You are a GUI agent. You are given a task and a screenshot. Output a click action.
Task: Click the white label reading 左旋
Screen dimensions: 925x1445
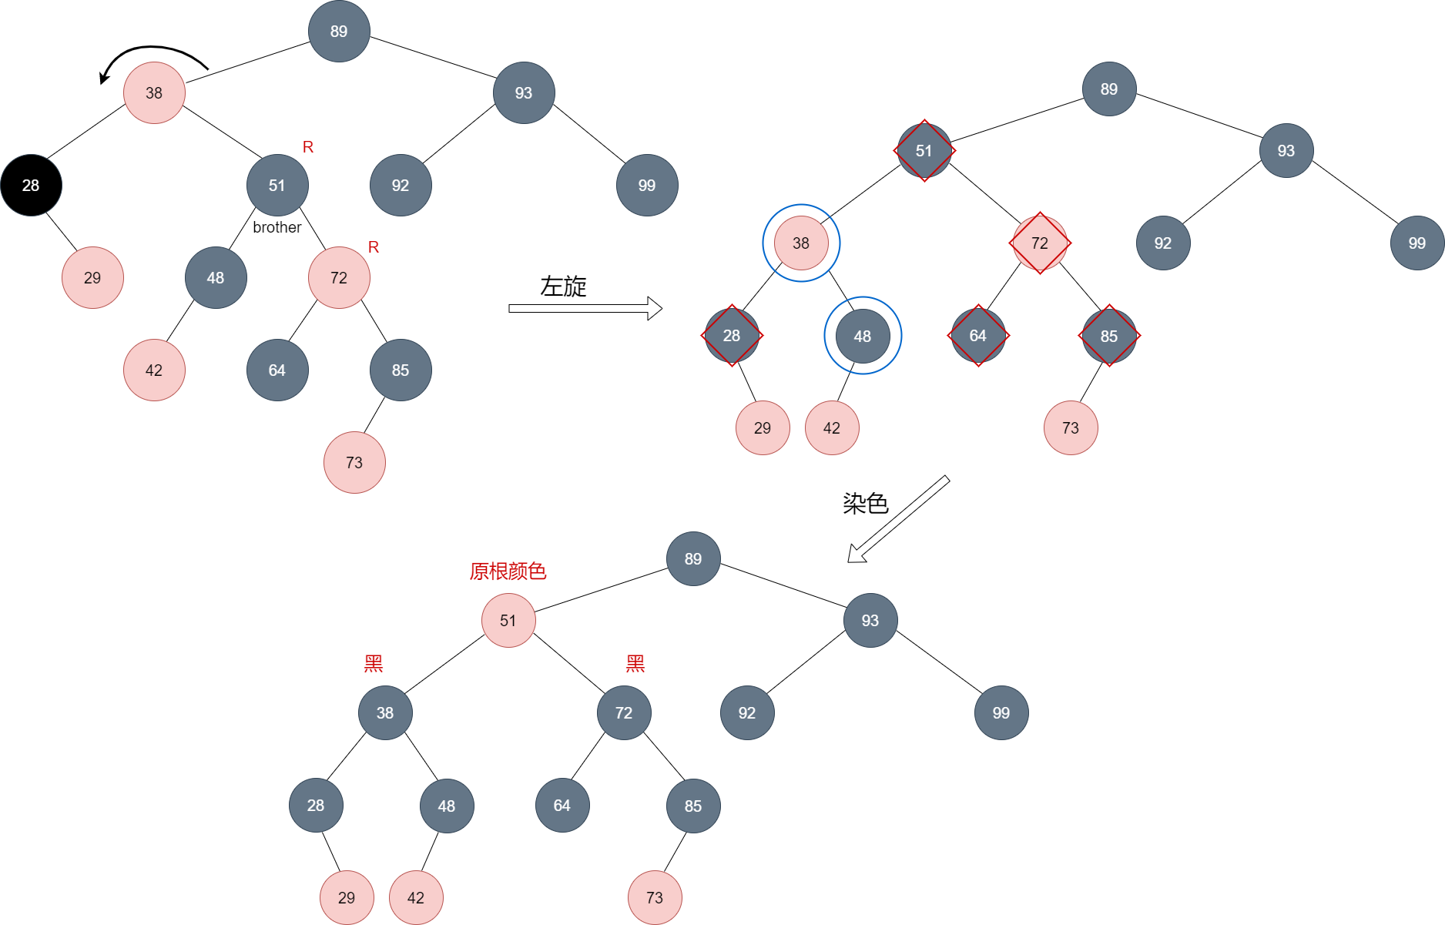(564, 287)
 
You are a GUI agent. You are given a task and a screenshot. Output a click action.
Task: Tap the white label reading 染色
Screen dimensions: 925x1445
(866, 504)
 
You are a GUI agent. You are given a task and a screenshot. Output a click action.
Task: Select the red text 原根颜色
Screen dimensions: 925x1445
(508, 571)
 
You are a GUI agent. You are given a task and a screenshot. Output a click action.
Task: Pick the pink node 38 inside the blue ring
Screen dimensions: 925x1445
(801, 243)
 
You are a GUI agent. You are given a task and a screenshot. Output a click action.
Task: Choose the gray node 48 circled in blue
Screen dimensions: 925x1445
(863, 336)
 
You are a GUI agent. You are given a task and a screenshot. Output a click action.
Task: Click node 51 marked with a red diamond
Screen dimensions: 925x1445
(924, 151)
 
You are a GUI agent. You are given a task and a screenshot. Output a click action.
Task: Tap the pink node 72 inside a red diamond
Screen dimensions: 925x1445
(1040, 243)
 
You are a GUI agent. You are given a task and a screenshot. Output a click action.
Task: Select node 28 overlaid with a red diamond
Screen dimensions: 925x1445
(732, 336)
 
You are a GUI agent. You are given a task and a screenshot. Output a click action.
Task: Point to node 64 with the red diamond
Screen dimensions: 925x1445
(978, 336)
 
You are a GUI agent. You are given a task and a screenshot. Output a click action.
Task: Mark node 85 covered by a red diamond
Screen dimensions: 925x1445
(1109, 336)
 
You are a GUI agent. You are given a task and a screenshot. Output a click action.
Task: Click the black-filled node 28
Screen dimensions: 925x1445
(31, 186)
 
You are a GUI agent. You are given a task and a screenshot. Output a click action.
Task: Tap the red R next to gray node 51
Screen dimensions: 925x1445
(308, 147)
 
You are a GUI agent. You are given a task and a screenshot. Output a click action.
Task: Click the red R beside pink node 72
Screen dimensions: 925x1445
(374, 247)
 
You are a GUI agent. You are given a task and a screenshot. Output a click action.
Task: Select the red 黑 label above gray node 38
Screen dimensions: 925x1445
(374, 664)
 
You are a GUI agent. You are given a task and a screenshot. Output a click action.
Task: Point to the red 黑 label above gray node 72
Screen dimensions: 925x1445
(635, 664)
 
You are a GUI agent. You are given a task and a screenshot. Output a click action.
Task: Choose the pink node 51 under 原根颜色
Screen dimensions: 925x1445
(508, 621)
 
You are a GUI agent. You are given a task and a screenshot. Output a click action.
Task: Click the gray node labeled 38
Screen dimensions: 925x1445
(385, 713)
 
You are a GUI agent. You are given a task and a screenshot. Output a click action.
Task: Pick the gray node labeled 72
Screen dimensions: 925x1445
(624, 713)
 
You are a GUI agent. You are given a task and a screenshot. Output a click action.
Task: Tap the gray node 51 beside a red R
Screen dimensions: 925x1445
(277, 186)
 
